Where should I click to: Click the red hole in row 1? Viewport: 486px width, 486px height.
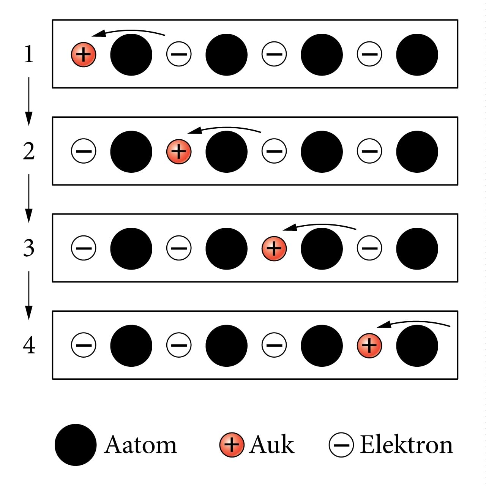pos(84,55)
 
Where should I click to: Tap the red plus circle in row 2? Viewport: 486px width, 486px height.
pos(179,151)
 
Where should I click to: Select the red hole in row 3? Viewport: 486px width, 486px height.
pos(274,248)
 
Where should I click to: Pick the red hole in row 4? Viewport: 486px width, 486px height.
pos(369,346)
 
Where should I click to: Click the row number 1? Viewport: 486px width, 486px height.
pos(28,54)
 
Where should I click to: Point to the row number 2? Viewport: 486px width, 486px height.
pos(28,151)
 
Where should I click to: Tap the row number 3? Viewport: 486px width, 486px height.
pos(28,248)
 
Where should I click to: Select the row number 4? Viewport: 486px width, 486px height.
pos(29,346)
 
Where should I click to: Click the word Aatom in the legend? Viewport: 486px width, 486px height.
pos(140,445)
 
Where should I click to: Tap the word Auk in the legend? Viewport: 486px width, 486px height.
pos(272,445)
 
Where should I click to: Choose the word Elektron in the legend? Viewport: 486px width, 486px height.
pos(406,445)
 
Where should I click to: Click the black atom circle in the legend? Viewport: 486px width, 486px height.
pos(76,445)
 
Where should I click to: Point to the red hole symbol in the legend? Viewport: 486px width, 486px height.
pos(232,445)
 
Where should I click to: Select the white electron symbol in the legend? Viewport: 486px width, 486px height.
pos(341,445)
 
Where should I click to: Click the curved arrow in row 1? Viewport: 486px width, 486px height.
pos(129,32)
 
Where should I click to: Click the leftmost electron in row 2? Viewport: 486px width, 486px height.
pos(84,151)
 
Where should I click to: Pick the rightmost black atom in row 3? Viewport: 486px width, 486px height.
pos(417,249)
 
